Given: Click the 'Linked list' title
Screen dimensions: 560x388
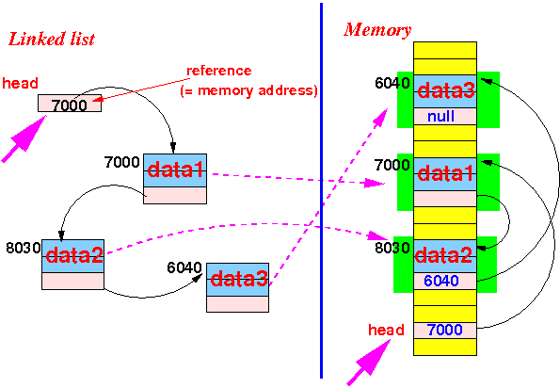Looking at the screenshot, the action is (52, 40).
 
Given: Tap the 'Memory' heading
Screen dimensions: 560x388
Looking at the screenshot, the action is (377, 30).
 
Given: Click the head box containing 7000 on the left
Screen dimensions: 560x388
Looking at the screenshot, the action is (70, 104).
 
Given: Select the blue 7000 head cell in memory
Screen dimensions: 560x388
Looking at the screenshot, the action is (445, 331).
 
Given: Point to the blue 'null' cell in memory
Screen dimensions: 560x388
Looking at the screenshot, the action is (445, 117).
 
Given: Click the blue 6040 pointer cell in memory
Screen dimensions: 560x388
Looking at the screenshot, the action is (445, 282).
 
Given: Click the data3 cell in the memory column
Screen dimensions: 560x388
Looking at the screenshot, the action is (445, 91).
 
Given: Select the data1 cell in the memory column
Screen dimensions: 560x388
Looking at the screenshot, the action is (445, 174).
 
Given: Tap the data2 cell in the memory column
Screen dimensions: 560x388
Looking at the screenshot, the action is (445, 256).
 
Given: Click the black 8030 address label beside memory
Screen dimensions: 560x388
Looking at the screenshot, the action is (392, 248).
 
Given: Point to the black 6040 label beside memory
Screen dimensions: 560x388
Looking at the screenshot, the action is (392, 83).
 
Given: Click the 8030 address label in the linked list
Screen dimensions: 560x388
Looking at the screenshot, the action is (24, 248).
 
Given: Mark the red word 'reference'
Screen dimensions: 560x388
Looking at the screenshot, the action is (219, 71).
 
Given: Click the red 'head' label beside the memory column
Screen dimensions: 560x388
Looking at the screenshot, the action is (386, 330).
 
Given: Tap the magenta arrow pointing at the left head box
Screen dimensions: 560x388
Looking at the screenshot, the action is (24, 138).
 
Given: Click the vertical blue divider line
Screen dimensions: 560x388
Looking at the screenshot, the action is (322, 190).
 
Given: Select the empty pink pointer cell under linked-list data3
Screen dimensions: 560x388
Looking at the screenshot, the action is (237, 304).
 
